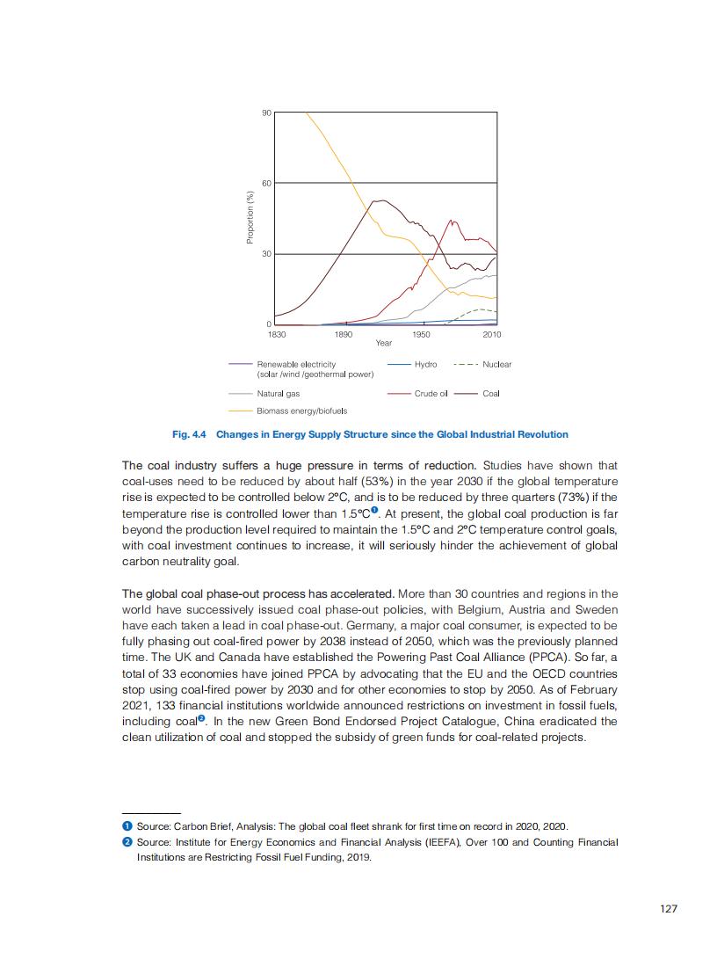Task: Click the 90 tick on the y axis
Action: (x=266, y=113)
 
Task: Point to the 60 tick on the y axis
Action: (x=266, y=183)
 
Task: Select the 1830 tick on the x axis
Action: (x=276, y=334)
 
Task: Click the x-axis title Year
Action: (x=384, y=343)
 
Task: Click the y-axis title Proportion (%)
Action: (x=250, y=219)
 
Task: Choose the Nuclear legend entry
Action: (x=497, y=364)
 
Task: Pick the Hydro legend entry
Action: (x=425, y=364)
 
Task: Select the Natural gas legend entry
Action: (x=278, y=394)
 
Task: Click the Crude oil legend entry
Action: (x=431, y=394)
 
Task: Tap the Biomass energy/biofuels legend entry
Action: (x=301, y=411)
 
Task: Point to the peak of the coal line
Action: (x=380, y=200)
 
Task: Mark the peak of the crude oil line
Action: (x=451, y=220)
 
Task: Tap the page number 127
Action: (x=669, y=909)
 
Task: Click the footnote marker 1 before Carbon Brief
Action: (x=127, y=826)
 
